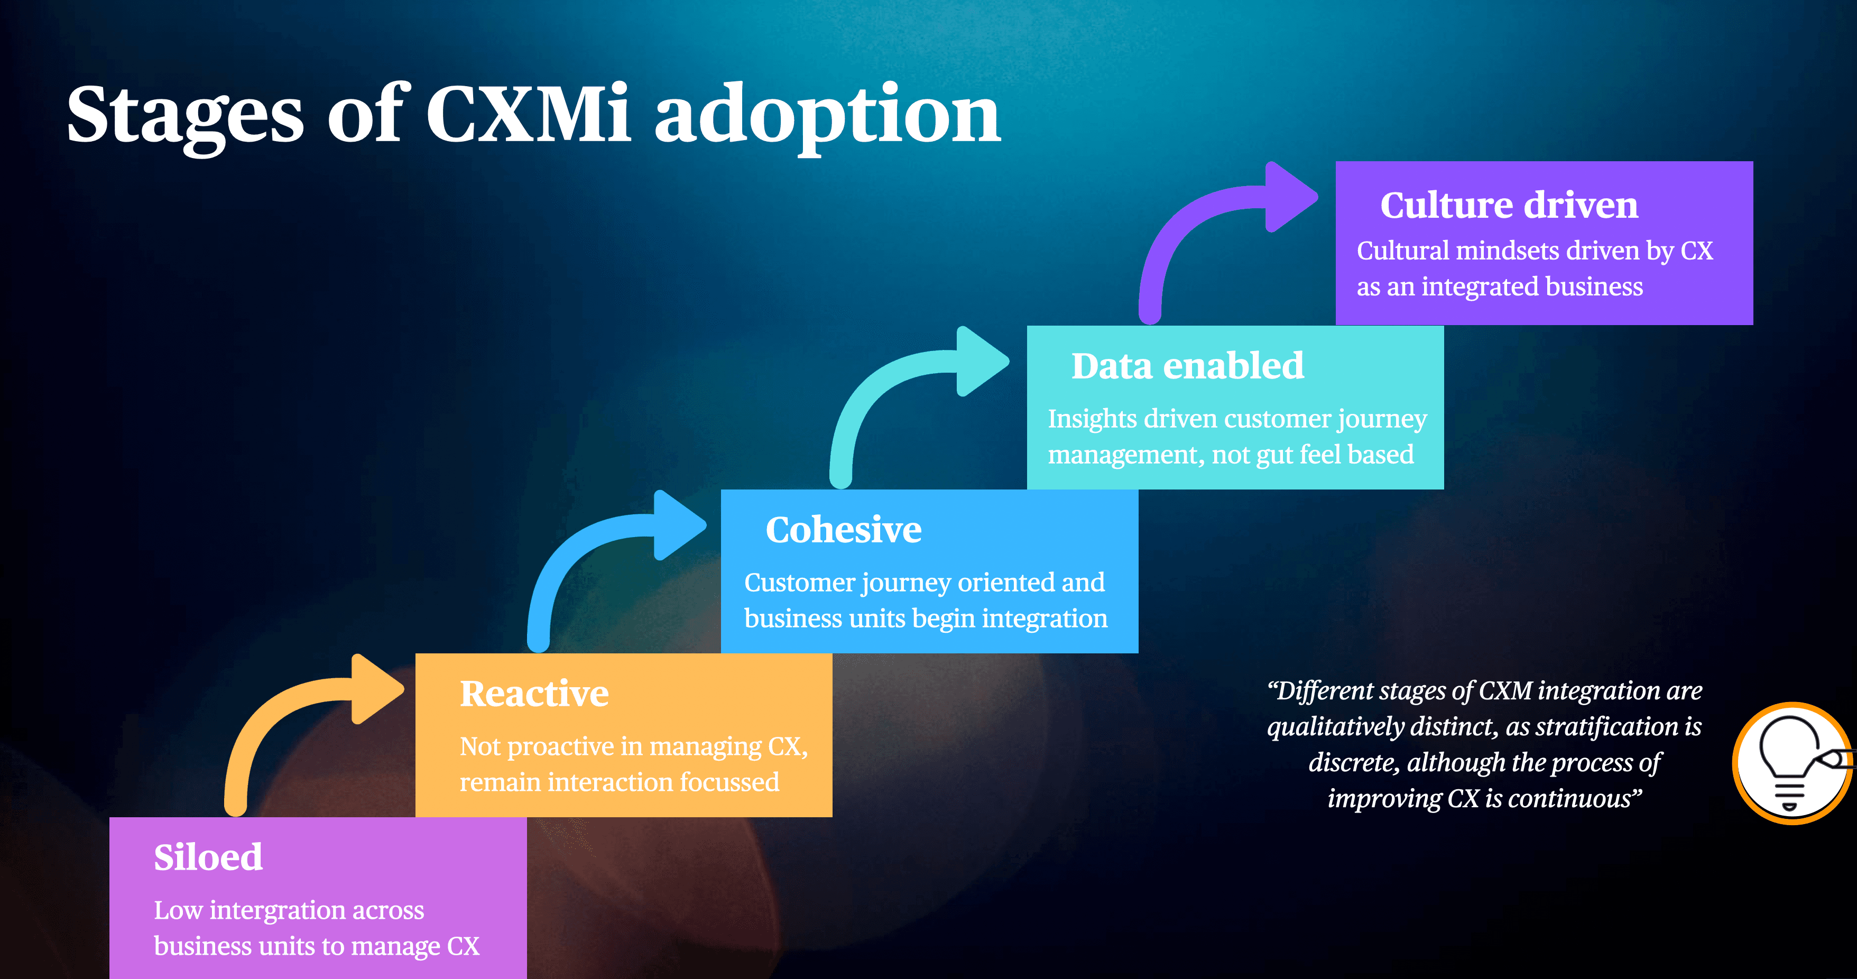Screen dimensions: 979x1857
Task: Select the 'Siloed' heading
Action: pyautogui.click(x=208, y=857)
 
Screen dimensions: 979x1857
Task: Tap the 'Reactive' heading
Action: pyautogui.click(x=534, y=694)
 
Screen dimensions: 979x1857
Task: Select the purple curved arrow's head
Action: pyautogui.click(x=1292, y=197)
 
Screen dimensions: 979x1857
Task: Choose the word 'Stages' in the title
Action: pyautogui.click(x=185, y=115)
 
